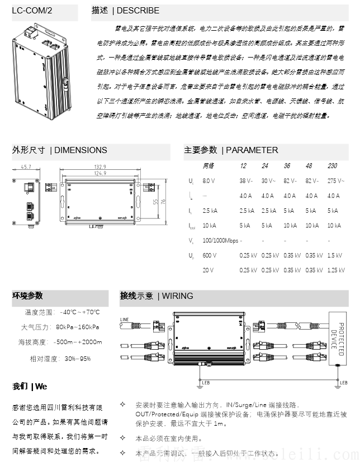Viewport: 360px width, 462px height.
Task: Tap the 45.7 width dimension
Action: click(26, 166)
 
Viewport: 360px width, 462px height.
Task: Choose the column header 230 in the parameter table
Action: click(332, 166)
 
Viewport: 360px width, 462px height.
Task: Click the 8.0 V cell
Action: click(209, 181)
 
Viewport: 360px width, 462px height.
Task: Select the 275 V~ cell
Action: click(335, 181)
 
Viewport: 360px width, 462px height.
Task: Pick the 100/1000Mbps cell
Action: click(220, 241)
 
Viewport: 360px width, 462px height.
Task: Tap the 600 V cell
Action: click(209, 255)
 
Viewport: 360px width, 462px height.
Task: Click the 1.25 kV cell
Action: click(335, 270)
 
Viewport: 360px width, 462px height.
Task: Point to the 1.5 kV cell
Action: click(334, 255)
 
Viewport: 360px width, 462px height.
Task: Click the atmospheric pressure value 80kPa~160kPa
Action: click(78, 327)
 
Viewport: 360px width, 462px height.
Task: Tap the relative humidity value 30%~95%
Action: click(77, 358)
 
